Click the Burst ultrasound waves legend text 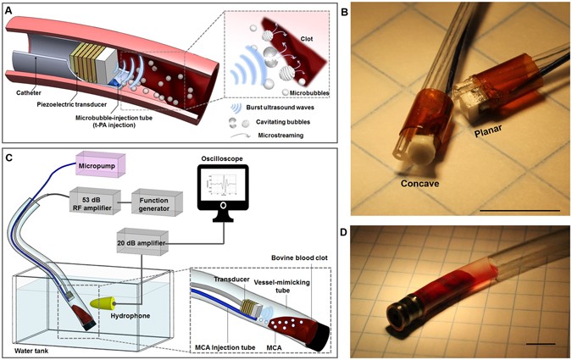290,108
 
